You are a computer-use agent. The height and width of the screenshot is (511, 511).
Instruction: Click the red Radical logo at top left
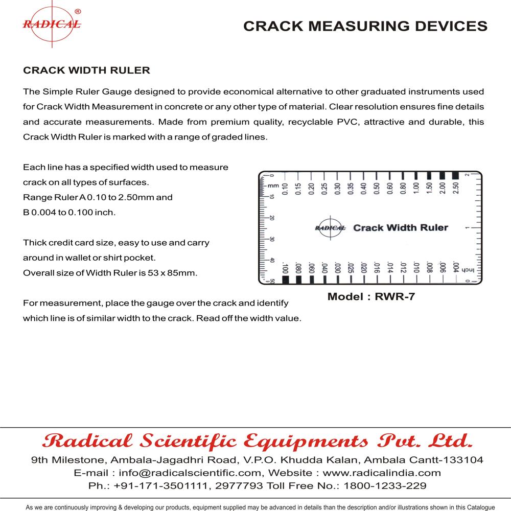click(51, 24)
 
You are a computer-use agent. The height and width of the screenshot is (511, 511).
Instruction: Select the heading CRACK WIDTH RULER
click(86, 69)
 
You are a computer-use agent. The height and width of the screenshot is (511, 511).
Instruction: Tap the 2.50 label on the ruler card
click(455, 188)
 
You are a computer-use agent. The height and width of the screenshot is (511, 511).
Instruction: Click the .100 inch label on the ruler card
click(285, 268)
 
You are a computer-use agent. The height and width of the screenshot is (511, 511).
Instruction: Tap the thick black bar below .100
click(285, 280)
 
